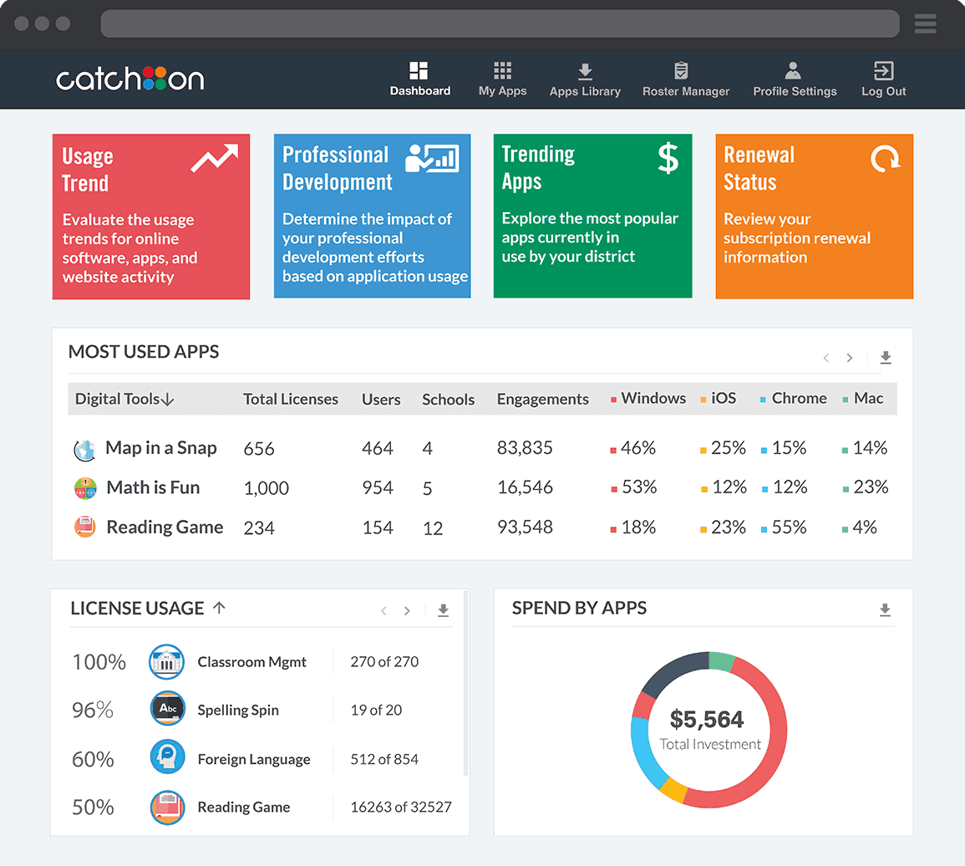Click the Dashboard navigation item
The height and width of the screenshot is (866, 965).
tap(419, 80)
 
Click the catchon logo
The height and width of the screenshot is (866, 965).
tap(130, 79)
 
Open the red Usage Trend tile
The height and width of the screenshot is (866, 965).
tap(150, 216)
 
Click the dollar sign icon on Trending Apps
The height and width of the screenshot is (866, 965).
tap(668, 158)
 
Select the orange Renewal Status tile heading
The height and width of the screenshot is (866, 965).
tap(759, 168)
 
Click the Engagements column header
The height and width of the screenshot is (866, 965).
tap(542, 400)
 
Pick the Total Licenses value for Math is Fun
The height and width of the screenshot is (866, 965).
tap(266, 488)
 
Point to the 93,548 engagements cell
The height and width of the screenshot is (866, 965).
tap(525, 527)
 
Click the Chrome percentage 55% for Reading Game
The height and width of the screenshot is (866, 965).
tap(789, 527)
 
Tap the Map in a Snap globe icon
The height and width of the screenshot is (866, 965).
tap(84, 450)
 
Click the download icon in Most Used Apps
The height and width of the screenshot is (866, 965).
tap(886, 358)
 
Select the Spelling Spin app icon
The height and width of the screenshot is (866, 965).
tap(167, 709)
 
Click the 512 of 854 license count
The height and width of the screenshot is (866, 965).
tap(384, 759)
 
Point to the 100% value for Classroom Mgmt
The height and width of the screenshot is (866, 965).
tap(99, 662)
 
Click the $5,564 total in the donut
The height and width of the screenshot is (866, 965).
tap(707, 719)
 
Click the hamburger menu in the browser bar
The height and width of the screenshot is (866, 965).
tap(925, 23)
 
